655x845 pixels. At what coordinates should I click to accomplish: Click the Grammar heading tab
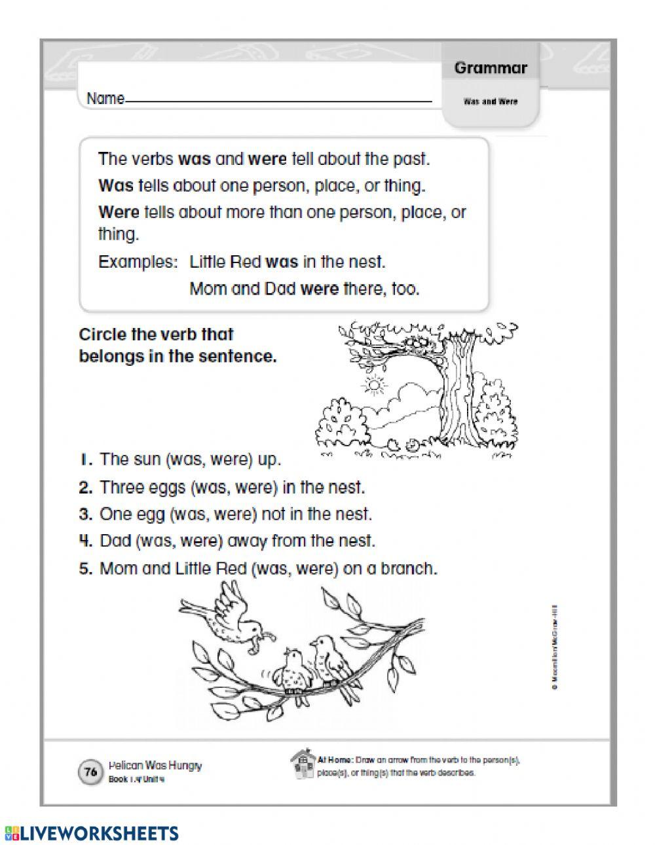490,68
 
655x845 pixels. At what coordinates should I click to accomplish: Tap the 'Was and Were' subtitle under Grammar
490,101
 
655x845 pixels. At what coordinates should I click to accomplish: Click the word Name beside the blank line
105,99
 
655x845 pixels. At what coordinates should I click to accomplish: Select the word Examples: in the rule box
138,262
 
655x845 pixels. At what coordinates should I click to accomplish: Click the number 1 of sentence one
85,459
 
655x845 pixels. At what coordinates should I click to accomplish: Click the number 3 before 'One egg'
85,514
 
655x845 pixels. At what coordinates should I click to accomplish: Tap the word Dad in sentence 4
116,541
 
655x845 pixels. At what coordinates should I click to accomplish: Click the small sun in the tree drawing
375,386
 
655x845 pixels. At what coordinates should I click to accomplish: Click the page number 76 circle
90,772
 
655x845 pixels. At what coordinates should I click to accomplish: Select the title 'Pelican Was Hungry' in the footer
155,765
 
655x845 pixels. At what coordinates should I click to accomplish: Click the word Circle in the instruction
102,334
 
